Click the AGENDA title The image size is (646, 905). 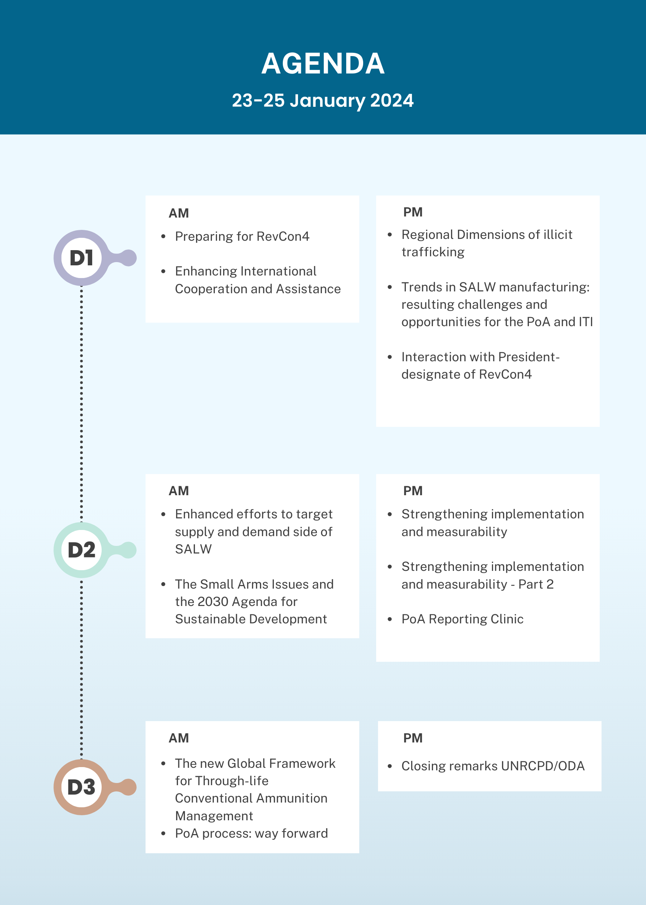click(323, 64)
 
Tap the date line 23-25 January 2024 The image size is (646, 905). click(323, 101)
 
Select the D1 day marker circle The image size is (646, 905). click(81, 258)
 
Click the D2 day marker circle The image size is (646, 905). click(81, 550)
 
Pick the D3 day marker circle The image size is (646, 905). click(81, 787)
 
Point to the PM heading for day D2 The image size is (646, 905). click(413, 491)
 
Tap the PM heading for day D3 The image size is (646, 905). click(413, 738)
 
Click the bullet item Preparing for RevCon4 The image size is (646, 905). click(242, 236)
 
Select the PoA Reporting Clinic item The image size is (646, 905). click(462, 619)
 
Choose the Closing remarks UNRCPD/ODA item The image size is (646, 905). click(493, 766)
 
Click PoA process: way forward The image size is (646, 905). click(251, 833)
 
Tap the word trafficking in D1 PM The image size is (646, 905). click(433, 252)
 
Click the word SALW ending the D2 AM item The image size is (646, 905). click(193, 549)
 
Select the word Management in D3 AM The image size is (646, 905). click(214, 816)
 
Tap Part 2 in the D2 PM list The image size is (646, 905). click(536, 584)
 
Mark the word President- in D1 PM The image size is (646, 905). click(529, 357)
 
